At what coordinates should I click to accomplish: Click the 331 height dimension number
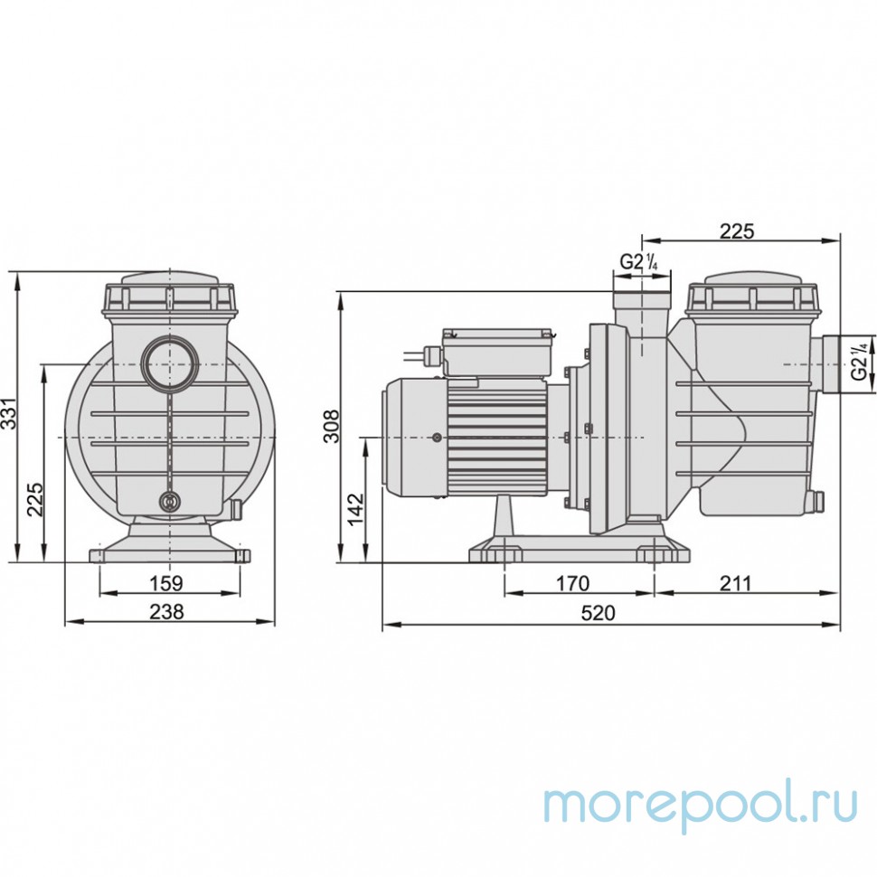click(x=9, y=414)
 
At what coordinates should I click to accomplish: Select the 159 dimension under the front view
click(x=165, y=583)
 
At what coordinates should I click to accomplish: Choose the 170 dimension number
click(x=571, y=583)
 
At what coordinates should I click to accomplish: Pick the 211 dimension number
click(x=736, y=583)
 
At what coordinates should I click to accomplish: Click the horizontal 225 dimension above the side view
click(x=737, y=231)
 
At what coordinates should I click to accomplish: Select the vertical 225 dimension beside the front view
click(x=34, y=498)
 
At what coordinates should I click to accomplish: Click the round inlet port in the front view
click(x=168, y=362)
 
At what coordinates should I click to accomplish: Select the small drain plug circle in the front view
click(x=169, y=504)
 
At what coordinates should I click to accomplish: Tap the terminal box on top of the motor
click(x=498, y=353)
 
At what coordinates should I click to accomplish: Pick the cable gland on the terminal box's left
click(x=432, y=354)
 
